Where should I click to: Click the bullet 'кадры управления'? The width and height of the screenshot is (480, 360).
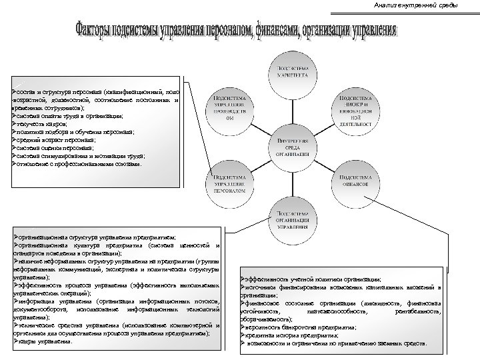tap(43, 341)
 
